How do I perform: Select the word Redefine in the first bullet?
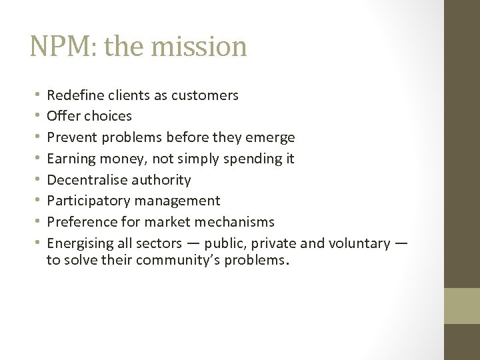click(75, 95)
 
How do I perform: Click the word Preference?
click(79, 222)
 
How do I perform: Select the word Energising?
click(78, 243)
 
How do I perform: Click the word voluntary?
click(359, 243)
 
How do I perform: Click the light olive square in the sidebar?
click(462, 305)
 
